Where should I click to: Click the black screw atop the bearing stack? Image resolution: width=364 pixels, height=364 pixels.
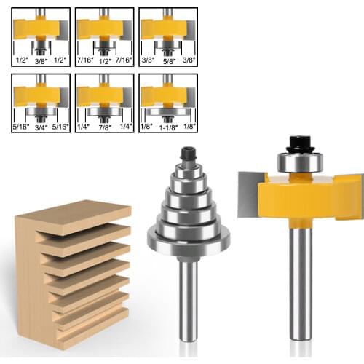(x=187, y=155)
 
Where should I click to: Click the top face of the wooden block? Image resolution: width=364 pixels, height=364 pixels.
(x=73, y=215)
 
